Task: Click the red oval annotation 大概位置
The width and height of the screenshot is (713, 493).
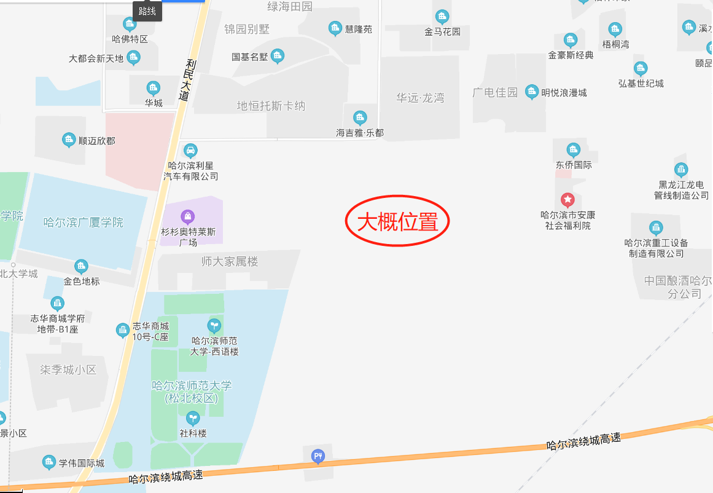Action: tap(397, 222)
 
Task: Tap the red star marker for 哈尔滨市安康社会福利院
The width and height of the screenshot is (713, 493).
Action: tap(568, 200)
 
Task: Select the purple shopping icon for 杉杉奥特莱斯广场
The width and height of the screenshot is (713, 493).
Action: tap(188, 216)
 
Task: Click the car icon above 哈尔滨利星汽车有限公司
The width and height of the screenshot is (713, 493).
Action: tap(191, 150)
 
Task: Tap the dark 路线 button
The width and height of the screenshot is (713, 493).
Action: tap(147, 11)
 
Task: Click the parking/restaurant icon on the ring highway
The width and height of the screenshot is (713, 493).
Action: tap(318, 456)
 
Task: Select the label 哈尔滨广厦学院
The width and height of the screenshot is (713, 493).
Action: tap(84, 222)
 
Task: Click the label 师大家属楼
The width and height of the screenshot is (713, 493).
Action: tap(230, 261)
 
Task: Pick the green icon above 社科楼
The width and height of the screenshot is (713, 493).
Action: tap(193, 419)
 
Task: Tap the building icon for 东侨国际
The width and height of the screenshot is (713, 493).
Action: tap(574, 150)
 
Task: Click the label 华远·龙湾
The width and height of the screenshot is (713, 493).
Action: tap(420, 98)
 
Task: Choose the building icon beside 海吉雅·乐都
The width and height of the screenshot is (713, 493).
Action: tap(360, 117)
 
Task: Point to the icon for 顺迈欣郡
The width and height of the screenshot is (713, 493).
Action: tap(69, 140)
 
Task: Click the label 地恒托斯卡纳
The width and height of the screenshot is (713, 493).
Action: tap(271, 106)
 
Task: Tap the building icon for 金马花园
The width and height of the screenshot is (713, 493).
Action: tap(442, 17)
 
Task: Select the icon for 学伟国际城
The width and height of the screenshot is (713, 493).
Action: tap(49, 462)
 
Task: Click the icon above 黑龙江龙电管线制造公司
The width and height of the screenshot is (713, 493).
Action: tap(681, 170)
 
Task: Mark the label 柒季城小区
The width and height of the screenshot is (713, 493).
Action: tap(69, 369)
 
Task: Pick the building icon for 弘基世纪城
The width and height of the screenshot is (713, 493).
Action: tap(641, 68)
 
